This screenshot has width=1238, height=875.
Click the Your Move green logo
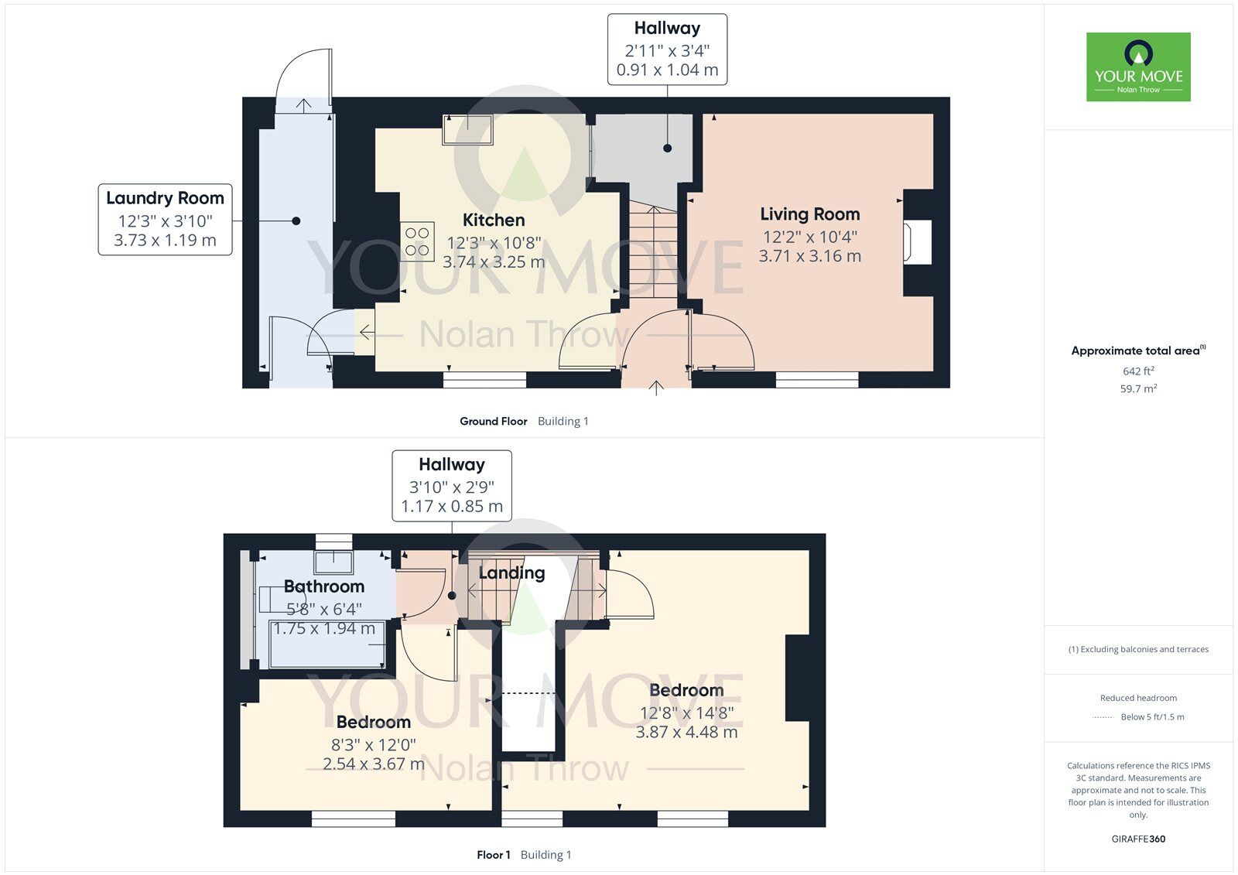(x=1138, y=67)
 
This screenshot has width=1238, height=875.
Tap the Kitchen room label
(x=494, y=220)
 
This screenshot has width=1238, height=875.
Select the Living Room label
(x=809, y=214)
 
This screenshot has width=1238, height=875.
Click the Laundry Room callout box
(x=165, y=219)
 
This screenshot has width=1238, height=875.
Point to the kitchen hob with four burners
(x=417, y=241)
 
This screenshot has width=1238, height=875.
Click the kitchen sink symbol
(x=467, y=129)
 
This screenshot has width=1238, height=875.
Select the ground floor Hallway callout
(x=667, y=49)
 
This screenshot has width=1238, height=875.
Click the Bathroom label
(x=323, y=586)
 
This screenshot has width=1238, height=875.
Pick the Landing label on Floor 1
(x=511, y=573)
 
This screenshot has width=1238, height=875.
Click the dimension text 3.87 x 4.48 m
(x=686, y=732)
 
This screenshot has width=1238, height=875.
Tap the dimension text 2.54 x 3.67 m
(x=373, y=764)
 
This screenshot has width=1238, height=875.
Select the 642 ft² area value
(x=1138, y=371)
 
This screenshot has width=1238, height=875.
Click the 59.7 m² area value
(x=1138, y=389)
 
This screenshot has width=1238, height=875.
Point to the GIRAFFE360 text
(x=1138, y=839)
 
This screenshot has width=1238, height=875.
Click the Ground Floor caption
(x=493, y=422)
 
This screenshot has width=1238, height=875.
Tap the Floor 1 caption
(x=494, y=855)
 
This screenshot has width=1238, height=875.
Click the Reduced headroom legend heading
(x=1138, y=698)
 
